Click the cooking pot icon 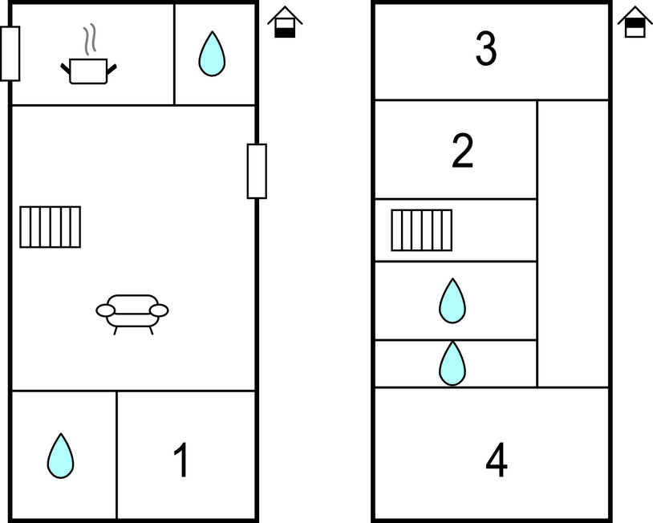pos(88,71)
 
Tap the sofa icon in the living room pos(132,310)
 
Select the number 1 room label pos(182,460)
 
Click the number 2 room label pos(463,152)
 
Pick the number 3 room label pos(486,50)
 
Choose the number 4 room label pos(497,460)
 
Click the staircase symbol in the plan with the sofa pos(51,227)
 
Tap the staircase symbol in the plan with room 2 pos(422,230)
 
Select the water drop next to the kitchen pos(212,54)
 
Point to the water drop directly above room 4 pos(452,363)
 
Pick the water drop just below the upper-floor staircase pos(452,302)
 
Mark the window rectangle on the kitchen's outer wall pos(10,54)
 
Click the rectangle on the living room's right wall pos(257,171)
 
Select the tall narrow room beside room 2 pos(572,243)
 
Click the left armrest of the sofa pos(105,310)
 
